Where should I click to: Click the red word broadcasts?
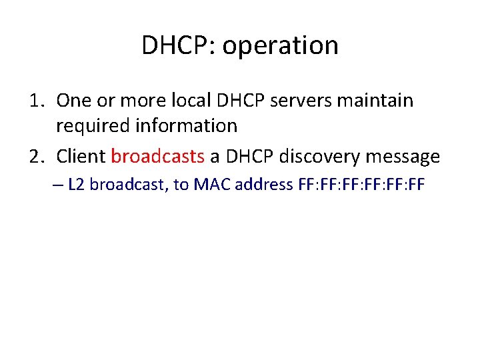tap(157, 157)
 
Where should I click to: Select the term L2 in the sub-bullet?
tap(76, 185)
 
